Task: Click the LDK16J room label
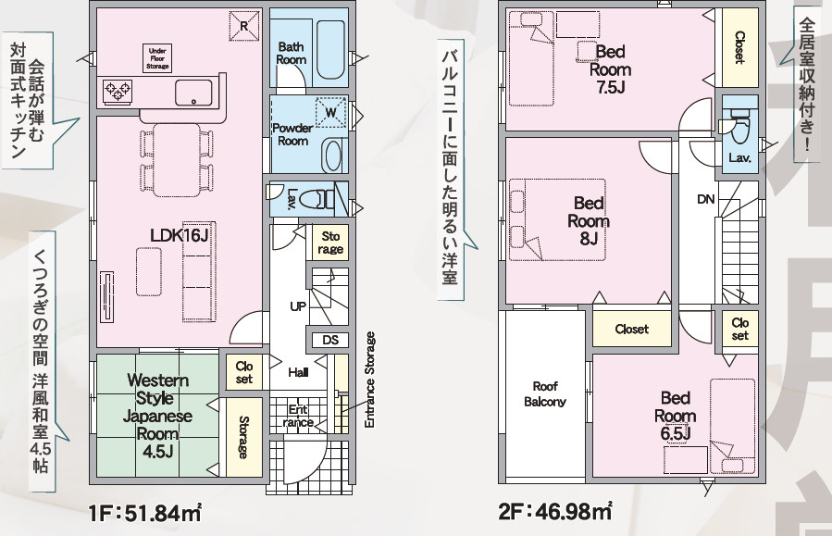(180, 236)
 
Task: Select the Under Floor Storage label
(157, 59)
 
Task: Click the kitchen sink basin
(193, 93)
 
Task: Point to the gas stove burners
(118, 91)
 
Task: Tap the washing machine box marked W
(331, 113)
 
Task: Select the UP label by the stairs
(298, 306)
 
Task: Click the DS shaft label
(330, 340)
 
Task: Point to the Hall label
(298, 372)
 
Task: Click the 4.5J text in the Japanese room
(157, 452)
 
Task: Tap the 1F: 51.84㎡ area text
(145, 513)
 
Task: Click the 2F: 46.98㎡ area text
(555, 512)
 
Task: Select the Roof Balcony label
(545, 393)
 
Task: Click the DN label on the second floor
(706, 200)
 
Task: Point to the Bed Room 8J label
(589, 220)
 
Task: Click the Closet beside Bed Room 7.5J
(739, 48)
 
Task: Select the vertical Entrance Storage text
(370, 380)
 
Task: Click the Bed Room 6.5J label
(676, 416)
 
